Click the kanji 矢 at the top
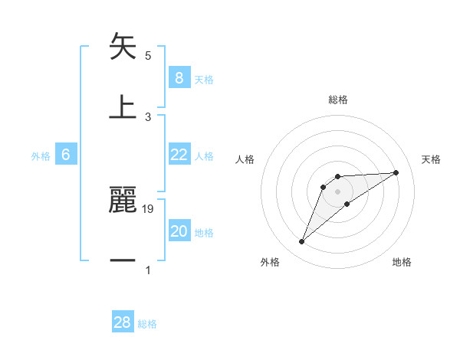click(x=123, y=47)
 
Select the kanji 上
click(x=123, y=106)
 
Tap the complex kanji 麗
click(x=123, y=200)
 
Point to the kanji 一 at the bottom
click(x=123, y=260)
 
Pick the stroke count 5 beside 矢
click(x=148, y=56)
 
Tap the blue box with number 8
click(x=179, y=77)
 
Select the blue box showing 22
click(x=179, y=155)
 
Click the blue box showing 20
click(x=179, y=232)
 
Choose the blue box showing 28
click(x=123, y=322)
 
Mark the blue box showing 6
click(x=65, y=155)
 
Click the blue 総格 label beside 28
click(x=147, y=324)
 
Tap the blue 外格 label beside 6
click(x=41, y=156)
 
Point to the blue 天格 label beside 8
click(x=204, y=79)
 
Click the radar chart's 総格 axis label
click(x=337, y=100)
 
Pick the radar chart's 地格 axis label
click(x=402, y=262)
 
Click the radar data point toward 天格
click(x=396, y=172)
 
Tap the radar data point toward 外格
click(x=301, y=242)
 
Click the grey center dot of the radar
click(x=337, y=191)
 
